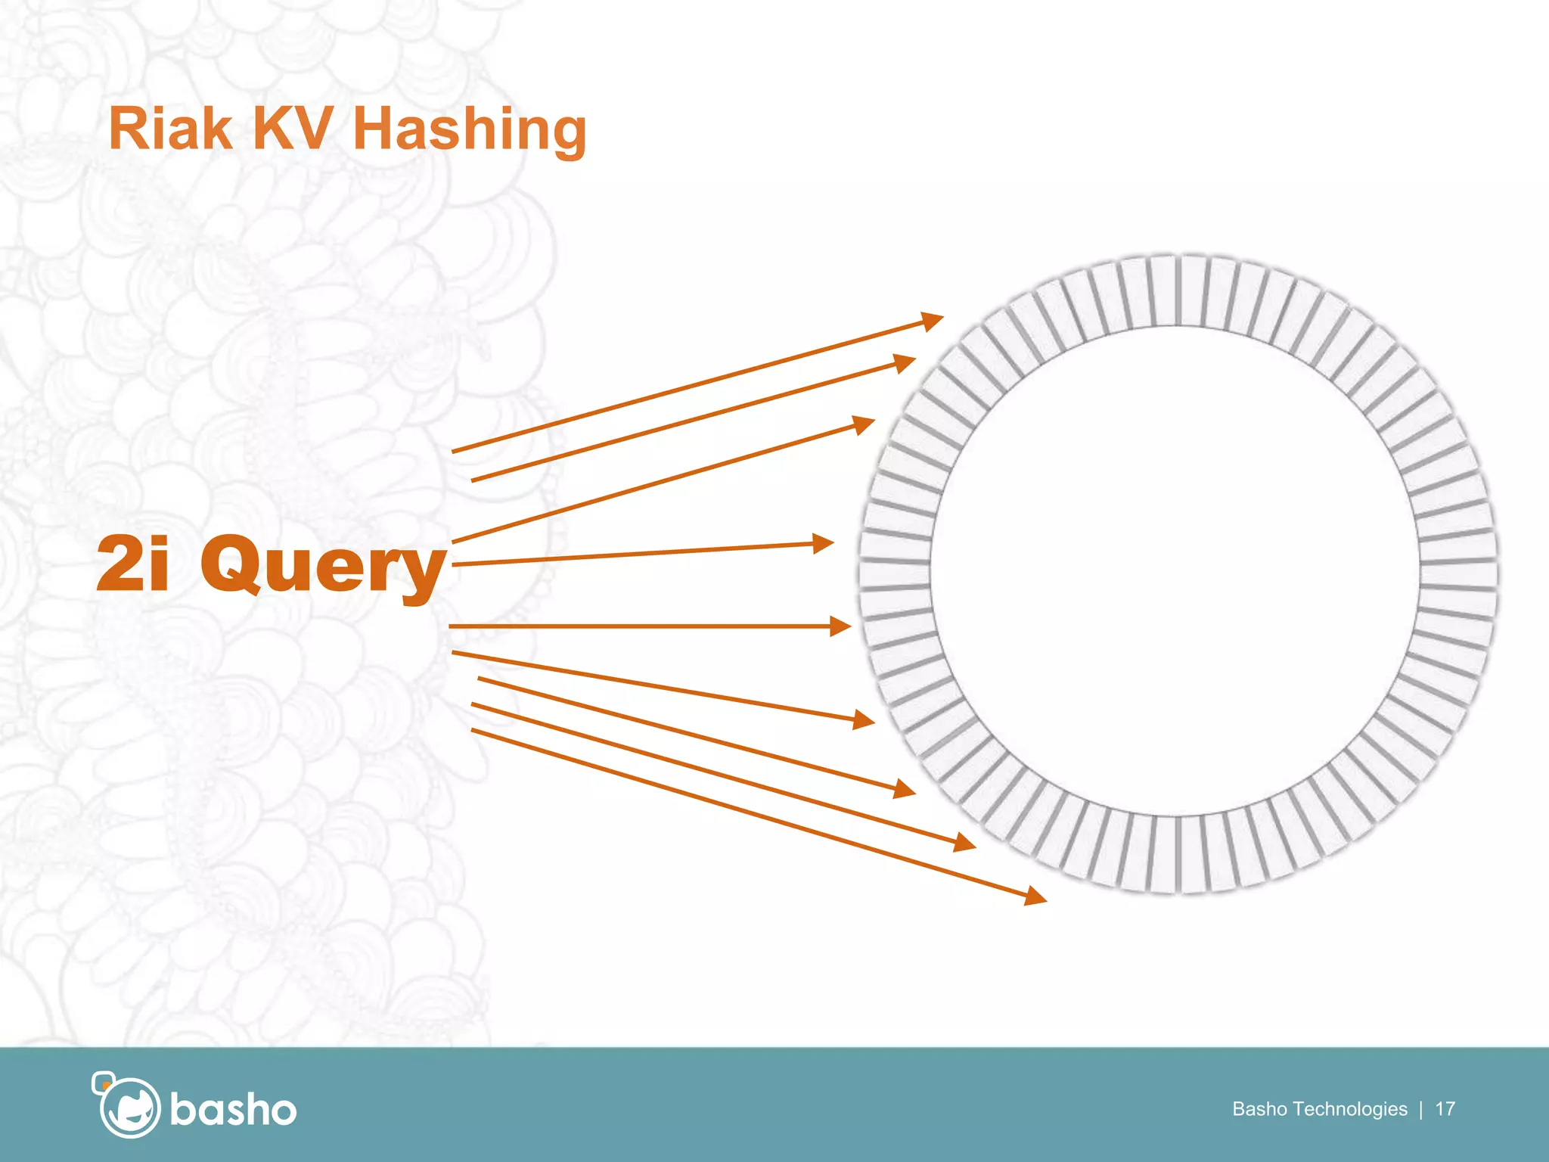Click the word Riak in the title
(x=169, y=129)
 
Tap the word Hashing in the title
(x=469, y=130)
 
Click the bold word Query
(x=323, y=566)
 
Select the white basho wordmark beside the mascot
(x=233, y=1111)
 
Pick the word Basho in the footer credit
(x=1259, y=1109)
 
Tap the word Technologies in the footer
(x=1350, y=1109)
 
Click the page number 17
(x=1445, y=1109)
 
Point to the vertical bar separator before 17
(x=1421, y=1109)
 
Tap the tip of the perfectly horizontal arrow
(x=841, y=626)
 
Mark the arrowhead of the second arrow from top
(x=905, y=362)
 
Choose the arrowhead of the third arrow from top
(x=865, y=424)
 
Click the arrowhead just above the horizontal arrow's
(x=824, y=543)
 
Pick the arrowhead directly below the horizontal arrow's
(x=865, y=720)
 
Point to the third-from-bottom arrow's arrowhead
(x=905, y=791)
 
